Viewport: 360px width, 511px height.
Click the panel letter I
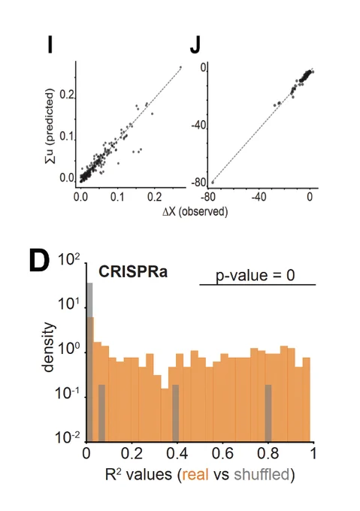(x=50, y=44)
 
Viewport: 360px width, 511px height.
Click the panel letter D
(x=39, y=261)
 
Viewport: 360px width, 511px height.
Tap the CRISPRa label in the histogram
(x=133, y=271)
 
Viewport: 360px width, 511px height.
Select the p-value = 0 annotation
(x=255, y=275)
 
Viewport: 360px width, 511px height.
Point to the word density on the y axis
(x=48, y=346)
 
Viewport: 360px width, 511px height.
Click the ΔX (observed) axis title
(x=195, y=211)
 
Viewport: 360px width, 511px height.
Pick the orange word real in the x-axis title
(x=195, y=474)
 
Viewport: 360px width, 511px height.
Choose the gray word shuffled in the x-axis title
(x=262, y=474)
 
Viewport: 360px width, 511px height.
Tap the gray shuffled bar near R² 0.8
(x=268, y=413)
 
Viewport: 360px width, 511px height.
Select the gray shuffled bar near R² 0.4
(x=176, y=413)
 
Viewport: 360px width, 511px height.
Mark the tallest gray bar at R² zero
(x=90, y=362)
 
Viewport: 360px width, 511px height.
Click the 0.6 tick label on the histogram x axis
(x=222, y=453)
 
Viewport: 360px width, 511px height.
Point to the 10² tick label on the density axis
(x=68, y=261)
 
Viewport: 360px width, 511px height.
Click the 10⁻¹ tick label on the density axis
(x=68, y=393)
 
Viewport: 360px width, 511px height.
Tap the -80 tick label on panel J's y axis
(x=198, y=183)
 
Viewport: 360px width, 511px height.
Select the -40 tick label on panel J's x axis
(x=259, y=197)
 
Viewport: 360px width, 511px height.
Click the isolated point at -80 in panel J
(x=213, y=183)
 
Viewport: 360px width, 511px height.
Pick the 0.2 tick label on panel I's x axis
(x=154, y=197)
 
